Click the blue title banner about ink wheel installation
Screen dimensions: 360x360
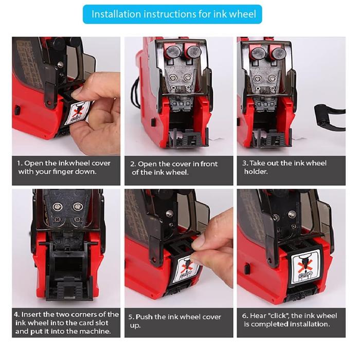(172, 14)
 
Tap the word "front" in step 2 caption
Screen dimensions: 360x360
(209, 164)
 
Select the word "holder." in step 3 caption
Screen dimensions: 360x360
(256, 171)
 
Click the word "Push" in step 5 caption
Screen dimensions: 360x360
(144, 317)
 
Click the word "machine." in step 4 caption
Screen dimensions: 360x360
(97, 331)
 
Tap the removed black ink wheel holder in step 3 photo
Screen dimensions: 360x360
(330, 118)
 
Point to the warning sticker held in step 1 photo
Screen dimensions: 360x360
(77, 112)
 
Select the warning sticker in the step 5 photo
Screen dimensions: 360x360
(186, 268)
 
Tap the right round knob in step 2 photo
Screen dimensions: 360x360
(194, 51)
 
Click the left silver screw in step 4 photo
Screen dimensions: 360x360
(58, 207)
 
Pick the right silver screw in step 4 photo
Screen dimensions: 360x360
(78, 206)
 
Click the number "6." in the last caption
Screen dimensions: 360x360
(245, 316)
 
